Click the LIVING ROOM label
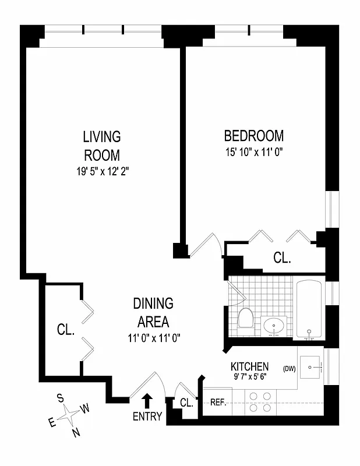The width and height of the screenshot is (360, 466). tap(101, 146)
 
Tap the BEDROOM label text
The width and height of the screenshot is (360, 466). tap(254, 136)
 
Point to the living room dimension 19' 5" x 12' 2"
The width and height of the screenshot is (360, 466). tap(101, 172)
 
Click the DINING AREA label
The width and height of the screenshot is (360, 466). tap(153, 312)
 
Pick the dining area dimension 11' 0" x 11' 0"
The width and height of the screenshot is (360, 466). tap(153, 338)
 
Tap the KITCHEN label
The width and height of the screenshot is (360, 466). tap(250, 366)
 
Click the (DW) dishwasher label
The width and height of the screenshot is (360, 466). tap(290, 368)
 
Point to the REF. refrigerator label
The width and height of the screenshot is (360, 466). tap(218, 402)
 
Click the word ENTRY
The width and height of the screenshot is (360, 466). tap(147, 416)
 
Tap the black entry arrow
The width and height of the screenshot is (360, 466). tap(147, 401)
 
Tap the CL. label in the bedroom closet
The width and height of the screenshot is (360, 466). tap(282, 258)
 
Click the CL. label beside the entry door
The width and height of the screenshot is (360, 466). tap(186, 403)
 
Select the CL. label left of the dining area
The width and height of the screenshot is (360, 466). tap(66, 330)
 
